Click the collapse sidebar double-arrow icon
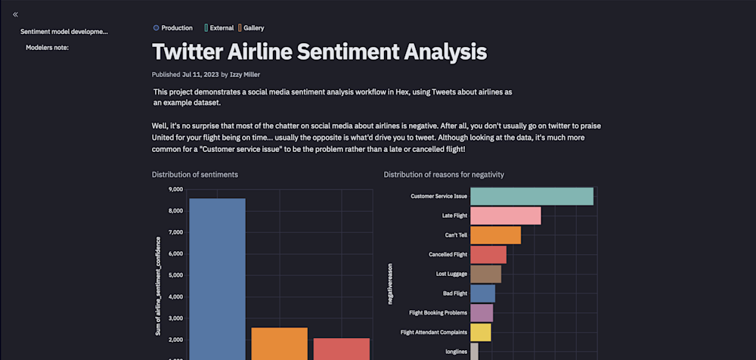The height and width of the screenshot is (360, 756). pyautogui.click(x=15, y=14)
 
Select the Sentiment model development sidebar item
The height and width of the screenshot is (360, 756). pyautogui.click(x=64, y=32)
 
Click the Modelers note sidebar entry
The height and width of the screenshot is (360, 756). pyautogui.click(x=48, y=48)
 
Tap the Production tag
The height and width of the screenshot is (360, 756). pyautogui.click(x=173, y=28)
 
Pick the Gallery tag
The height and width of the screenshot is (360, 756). pyautogui.click(x=252, y=28)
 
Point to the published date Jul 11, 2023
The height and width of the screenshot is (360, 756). pyautogui.click(x=200, y=75)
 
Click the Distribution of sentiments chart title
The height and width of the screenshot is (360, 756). pyautogui.click(x=195, y=175)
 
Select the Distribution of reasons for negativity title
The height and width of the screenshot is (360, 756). pyautogui.click(x=444, y=175)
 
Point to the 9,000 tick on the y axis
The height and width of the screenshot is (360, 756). pyautogui.click(x=175, y=190)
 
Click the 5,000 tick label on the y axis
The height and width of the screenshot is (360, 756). pyautogui.click(x=175, y=275)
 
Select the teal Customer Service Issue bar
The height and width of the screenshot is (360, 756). pyautogui.click(x=531, y=197)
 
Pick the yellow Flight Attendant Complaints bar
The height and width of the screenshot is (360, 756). pyautogui.click(x=481, y=332)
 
